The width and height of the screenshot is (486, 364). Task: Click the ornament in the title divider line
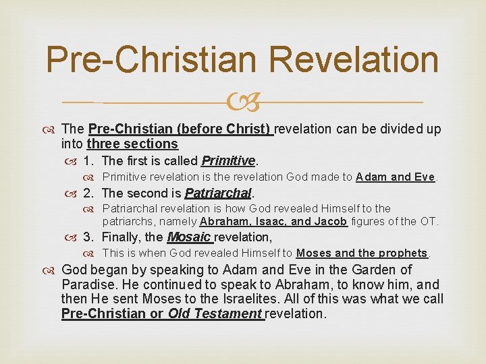(x=244, y=102)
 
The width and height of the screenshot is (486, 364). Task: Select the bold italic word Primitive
(x=228, y=160)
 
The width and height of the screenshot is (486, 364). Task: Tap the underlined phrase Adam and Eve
(x=396, y=177)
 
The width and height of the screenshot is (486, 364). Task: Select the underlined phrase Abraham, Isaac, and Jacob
(x=273, y=221)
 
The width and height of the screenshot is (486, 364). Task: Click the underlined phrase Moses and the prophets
(x=362, y=253)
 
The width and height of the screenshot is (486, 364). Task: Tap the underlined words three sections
(x=132, y=144)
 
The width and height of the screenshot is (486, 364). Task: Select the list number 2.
(x=88, y=193)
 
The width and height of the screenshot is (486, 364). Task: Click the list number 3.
(x=88, y=237)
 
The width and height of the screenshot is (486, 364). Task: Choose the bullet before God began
(x=52, y=270)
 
